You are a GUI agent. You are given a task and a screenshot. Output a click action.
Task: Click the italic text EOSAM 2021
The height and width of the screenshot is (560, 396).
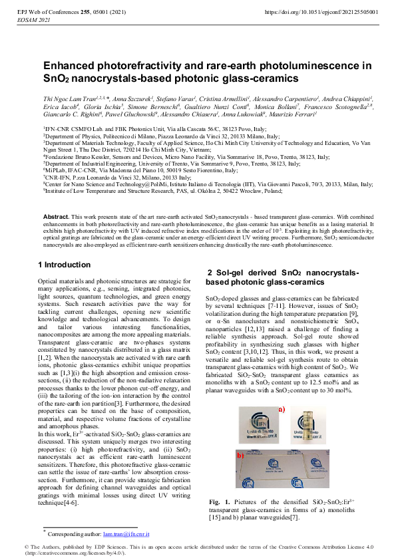click(x=31, y=21)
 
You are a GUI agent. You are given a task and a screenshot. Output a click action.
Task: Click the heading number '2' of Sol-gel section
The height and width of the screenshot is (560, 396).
click(x=210, y=273)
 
